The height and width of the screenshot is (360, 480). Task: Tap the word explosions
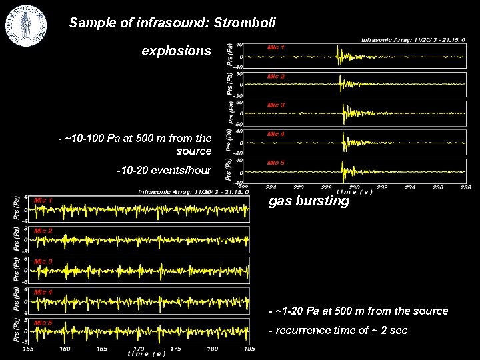[177, 51]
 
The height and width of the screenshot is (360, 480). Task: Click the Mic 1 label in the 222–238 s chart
[275, 48]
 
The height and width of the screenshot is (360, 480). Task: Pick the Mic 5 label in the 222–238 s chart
[275, 163]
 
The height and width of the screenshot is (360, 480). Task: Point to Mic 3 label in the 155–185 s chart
[43, 262]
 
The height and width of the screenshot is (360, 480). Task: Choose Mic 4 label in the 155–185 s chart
[43, 293]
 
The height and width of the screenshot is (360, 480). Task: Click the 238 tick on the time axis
[465, 187]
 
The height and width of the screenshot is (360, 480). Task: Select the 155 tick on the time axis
[29, 348]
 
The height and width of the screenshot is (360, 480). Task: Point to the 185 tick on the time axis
[249, 348]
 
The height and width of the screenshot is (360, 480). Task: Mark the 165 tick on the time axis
[102, 348]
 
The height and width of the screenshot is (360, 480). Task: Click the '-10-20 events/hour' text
[163, 170]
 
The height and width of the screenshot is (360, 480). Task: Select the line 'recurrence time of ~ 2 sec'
[341, 331]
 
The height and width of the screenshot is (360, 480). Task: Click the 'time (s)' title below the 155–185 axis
[146, 354]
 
